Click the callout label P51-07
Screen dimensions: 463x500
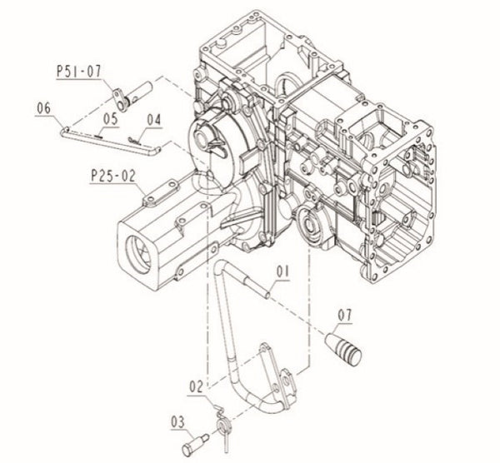click(77, 72)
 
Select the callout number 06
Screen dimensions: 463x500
click(44, 107)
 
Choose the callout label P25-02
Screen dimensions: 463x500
click(110, 177)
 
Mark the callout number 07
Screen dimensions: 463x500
click(346, 314)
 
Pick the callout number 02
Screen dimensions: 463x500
click(195, 386)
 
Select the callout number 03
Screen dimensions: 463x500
click(177, 422)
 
